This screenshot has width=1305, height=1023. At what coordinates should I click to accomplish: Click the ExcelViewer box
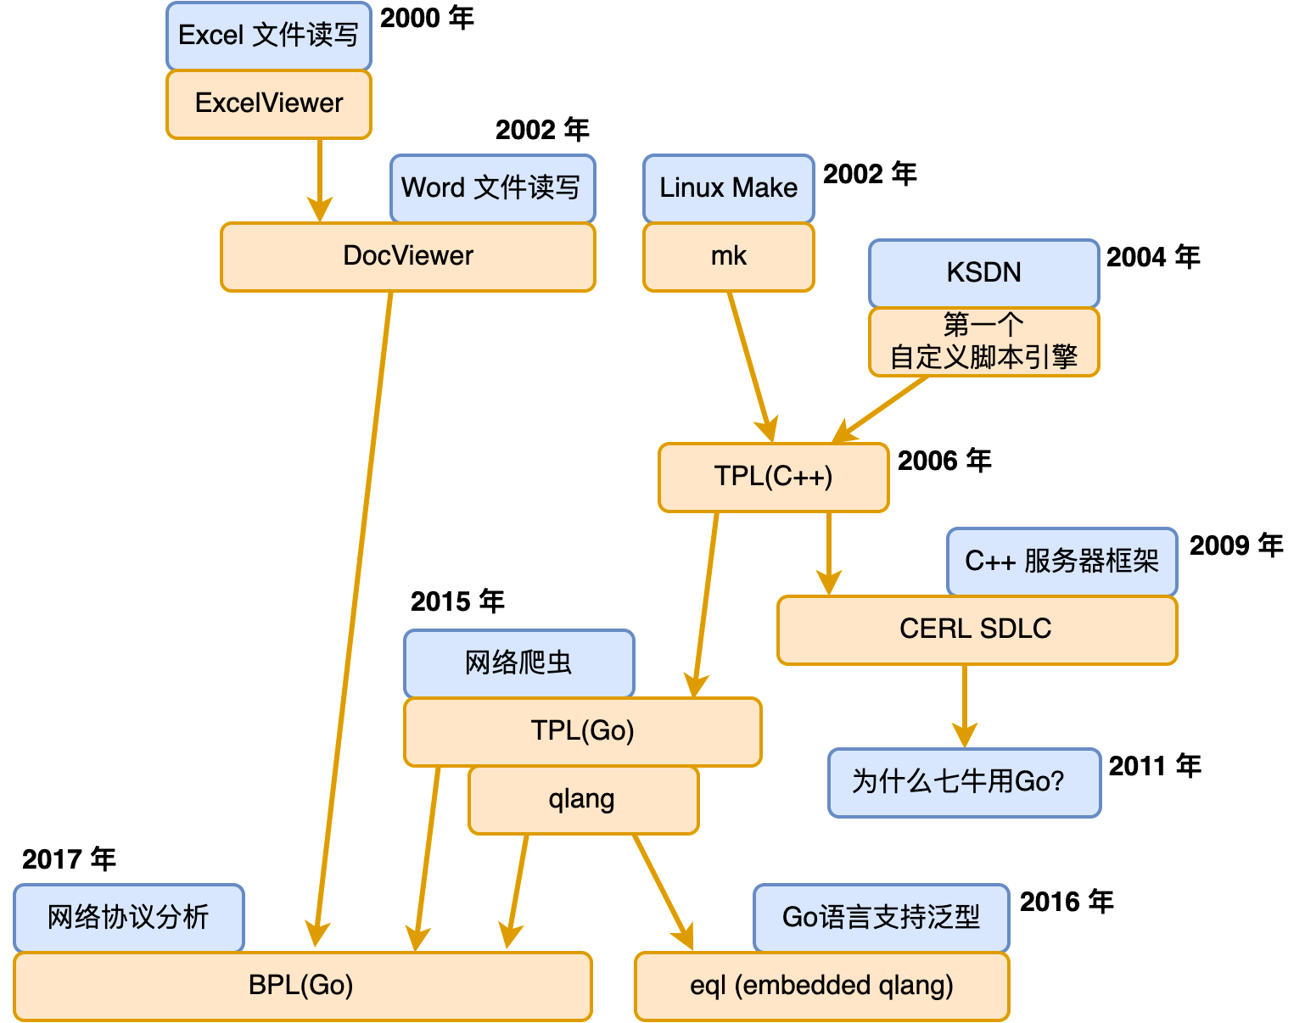tap(269, 103)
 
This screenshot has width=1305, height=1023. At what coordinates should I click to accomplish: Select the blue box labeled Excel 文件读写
tap(269, 36)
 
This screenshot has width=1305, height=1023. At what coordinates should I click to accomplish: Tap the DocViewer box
tap(408, 256)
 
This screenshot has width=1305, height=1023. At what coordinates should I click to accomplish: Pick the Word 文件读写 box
tap(492, 187)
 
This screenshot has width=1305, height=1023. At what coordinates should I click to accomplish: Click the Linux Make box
tap(729, 187)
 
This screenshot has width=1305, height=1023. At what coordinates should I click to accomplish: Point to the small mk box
tap(729, 256)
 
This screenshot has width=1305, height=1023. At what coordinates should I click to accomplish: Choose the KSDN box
tap(983, 273)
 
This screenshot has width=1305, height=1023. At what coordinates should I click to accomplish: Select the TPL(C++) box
tap(773, 477)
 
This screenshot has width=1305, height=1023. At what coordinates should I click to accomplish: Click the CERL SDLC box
tap(977, 629)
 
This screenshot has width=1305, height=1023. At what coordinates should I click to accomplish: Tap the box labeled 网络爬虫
tap(518, 663)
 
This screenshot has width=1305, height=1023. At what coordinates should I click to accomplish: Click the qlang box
tap(583, 799)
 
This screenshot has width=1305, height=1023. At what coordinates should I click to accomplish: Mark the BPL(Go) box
tap(302, 986)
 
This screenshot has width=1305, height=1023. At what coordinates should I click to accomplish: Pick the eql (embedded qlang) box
tap(821, 986)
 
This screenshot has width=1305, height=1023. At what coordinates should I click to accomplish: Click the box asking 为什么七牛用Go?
tap(964, 782)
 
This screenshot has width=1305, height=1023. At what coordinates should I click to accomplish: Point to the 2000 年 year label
tap(427, 18)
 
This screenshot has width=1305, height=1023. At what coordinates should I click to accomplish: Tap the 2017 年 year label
tap(69, 859)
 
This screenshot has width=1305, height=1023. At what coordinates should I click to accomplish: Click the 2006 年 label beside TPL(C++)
tap(944, 461)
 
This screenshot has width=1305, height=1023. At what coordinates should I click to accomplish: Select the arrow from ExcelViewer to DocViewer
tap(320, 178)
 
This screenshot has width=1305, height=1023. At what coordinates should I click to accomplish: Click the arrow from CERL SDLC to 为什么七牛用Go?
tap(965, 704)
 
